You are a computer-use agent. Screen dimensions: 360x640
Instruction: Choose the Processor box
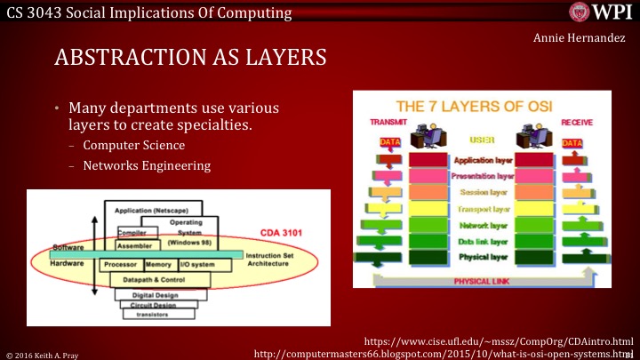118,265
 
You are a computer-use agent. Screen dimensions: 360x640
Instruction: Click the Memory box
158,265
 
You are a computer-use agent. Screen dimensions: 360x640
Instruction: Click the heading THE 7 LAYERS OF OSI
475,105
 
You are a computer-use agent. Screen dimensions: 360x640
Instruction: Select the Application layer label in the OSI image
482,161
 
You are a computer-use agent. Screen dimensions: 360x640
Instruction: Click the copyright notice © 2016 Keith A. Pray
43,353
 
